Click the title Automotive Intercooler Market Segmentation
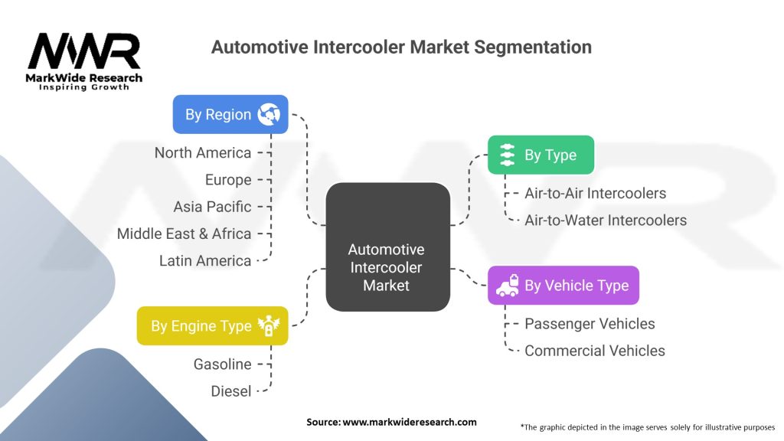401,47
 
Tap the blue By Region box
230,115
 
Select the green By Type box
541,155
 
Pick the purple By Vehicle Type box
563,286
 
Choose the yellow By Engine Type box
212,325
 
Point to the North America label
203,152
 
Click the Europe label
228,180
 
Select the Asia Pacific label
212,207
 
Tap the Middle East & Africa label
184,234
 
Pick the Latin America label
205,260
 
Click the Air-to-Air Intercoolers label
595,194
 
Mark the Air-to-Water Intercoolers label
606,220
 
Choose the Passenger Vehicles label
590,324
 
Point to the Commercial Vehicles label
595,351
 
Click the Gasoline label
222,364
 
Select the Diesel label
231,391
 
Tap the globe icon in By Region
269,115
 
